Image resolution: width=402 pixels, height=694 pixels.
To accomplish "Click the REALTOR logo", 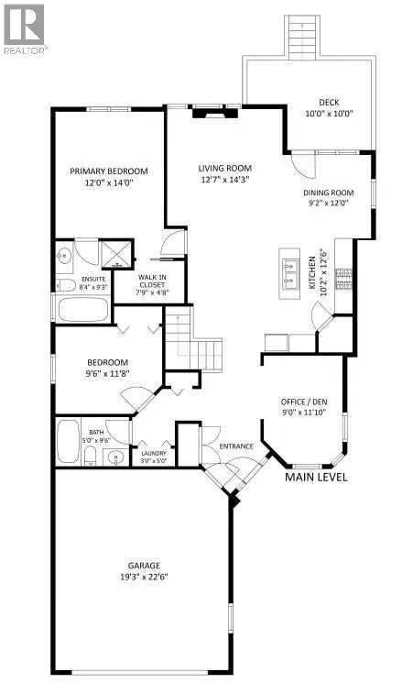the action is [24, 29].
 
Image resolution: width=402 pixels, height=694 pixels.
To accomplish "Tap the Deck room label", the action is [329, 103].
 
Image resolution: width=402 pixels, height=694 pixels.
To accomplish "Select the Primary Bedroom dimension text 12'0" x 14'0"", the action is [108, 182].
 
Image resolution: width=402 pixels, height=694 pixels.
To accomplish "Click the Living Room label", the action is [224, 168].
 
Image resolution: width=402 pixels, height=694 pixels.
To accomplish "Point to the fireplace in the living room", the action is [215, 112].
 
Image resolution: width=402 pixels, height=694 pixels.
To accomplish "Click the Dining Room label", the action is [328, 193].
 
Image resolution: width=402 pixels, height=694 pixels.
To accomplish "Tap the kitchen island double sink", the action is [290, 273].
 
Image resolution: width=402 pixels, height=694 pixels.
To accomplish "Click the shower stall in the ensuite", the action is [116, 254].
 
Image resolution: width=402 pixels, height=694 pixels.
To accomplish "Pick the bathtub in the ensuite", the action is [83, 309].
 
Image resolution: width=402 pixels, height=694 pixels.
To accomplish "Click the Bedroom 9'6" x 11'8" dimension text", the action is [108, 373].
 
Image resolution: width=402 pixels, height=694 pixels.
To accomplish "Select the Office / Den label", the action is [305, 402].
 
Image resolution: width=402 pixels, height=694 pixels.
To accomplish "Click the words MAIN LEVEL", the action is [316, 477].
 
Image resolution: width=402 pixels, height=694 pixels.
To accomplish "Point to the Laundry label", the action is [154, 453].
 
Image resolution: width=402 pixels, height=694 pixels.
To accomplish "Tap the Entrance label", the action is [236, 446].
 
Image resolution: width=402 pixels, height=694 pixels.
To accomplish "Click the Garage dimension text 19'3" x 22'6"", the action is [144, 577].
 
